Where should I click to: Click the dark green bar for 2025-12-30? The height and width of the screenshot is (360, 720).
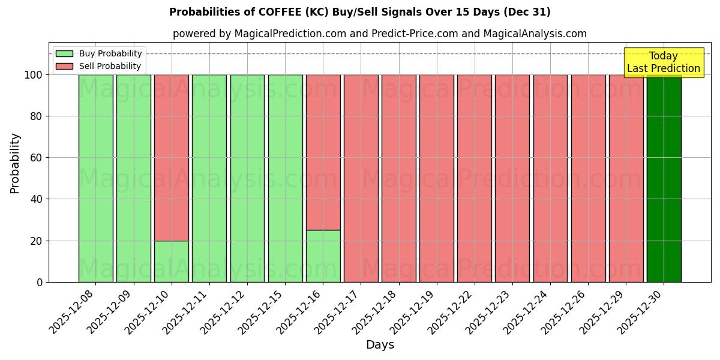click(x=664, y=178)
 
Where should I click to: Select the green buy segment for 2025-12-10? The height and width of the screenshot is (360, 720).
click(x=171, y=262)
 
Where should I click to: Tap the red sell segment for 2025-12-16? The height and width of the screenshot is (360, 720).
click(x=323, y=152)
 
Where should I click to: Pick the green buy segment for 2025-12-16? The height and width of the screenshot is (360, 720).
click(x=323, y=256)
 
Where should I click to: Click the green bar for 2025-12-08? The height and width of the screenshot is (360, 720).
click(x=95, y=178)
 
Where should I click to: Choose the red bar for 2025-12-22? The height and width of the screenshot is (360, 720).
click(x=474, y=178)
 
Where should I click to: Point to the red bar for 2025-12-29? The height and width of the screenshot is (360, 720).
click(x=626, y=178)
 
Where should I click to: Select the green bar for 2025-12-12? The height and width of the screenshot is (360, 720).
click(x=247, y=178)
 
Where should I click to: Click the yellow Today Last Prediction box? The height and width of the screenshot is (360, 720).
click(x=664, y=62)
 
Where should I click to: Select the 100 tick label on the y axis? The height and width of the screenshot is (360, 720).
click(x=33, y=75)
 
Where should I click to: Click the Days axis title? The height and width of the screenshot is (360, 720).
click(x=380, y=345)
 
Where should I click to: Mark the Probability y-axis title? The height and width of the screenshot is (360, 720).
click(x=15, y=163)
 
